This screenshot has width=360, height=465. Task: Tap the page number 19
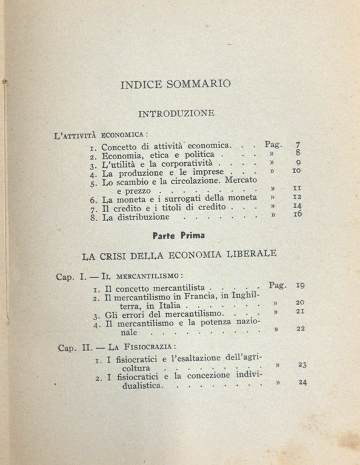tap(300, 285)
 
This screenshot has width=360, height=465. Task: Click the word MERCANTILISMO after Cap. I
tap(136, 276)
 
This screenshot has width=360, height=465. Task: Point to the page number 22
tap(301, 329)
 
